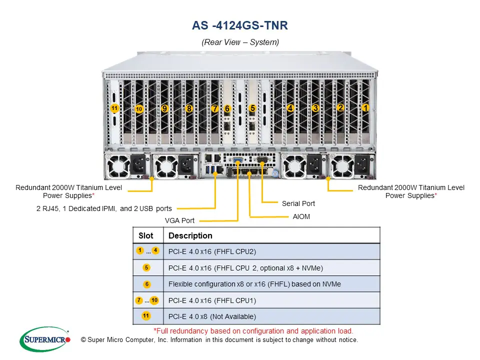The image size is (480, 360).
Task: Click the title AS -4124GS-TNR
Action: click(240, 25)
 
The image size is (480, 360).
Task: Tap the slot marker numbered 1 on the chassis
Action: click(365, 107)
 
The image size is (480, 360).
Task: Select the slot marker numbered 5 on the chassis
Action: click(252, 108)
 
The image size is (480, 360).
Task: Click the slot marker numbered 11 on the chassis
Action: click(114, 108)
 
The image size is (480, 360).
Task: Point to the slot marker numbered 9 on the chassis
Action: click(164, 108)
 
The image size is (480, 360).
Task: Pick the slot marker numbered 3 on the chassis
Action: click(315, 107)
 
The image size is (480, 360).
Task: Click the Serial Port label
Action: click(298, 203)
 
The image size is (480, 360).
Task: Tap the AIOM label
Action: click(302, 217)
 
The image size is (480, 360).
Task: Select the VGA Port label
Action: click(180, 220)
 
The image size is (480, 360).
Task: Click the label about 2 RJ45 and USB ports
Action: click(104, 208)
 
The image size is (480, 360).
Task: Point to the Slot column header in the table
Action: click(146, 235)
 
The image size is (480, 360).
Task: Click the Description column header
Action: click(190, 235)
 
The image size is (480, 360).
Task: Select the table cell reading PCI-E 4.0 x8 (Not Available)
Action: click(212, 316)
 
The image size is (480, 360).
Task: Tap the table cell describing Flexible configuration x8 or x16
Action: click(254, 284)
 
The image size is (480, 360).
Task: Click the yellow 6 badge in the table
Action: click(147, 284)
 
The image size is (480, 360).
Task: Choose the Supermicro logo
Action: click(45, 339)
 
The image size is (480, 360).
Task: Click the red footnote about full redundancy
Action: click(253, 331)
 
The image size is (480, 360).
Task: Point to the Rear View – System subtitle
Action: click(240, 42)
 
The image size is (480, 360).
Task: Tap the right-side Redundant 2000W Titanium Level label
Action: click(411, 191)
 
